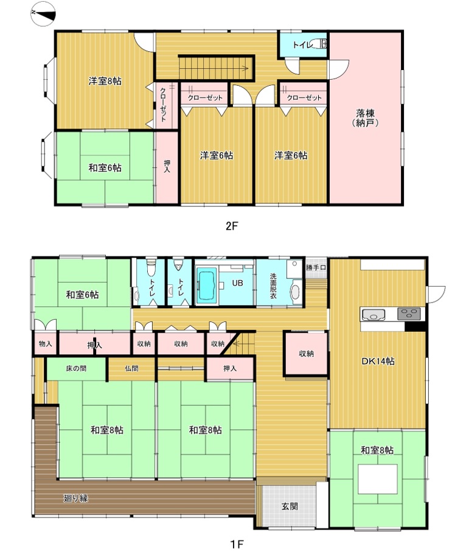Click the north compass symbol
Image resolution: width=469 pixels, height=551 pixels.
(43, 13)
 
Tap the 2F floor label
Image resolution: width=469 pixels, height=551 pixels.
(232, 226)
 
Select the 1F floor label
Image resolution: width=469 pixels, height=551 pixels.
(237, 544)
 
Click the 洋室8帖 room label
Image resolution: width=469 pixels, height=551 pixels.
(105, 81)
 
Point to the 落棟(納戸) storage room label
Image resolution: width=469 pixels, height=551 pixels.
(365, 118)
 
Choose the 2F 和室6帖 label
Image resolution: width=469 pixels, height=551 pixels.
(105, 167)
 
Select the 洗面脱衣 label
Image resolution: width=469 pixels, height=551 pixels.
(273, 286)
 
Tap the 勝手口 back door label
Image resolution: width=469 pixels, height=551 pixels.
(316, 267)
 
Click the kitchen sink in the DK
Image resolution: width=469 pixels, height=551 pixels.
(373, 314)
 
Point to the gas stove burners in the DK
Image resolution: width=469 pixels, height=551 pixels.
(409, 314)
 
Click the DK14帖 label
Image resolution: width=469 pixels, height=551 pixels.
(378, 361)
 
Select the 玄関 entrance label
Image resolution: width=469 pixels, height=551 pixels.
(290, 507)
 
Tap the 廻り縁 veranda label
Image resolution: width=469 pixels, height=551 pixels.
(75, 498)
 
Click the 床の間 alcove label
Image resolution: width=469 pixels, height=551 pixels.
(76, 368)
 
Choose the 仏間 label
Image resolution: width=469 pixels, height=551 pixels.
(131, 368)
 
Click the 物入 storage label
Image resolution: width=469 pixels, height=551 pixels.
(45, 343)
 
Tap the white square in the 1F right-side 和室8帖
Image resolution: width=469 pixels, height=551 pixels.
(378, 479)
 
